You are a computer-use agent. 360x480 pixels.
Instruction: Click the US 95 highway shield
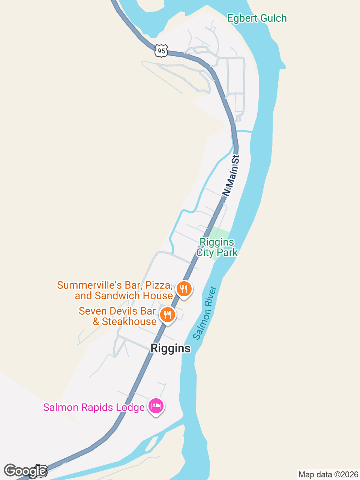(161, 51)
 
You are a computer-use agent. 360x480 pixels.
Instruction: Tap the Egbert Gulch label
(257, 18)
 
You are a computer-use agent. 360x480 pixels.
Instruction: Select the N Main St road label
(231, 175)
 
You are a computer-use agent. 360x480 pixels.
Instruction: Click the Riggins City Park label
(217, 247)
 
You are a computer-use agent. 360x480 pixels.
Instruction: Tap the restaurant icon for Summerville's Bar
(184, 289)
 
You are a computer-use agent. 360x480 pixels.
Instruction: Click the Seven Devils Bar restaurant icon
(167, 315)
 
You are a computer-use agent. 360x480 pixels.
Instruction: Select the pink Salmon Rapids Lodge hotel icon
(156, 406)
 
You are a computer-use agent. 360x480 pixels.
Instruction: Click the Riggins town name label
(171, 348)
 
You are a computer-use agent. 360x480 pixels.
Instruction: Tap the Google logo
(25, 471)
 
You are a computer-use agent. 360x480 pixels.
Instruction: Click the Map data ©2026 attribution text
(328, 475)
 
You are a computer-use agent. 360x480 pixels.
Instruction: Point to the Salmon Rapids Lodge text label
(94, 408)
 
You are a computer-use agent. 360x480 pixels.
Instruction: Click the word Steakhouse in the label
(129, 322)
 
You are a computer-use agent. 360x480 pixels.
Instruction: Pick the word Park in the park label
(227, 253)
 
